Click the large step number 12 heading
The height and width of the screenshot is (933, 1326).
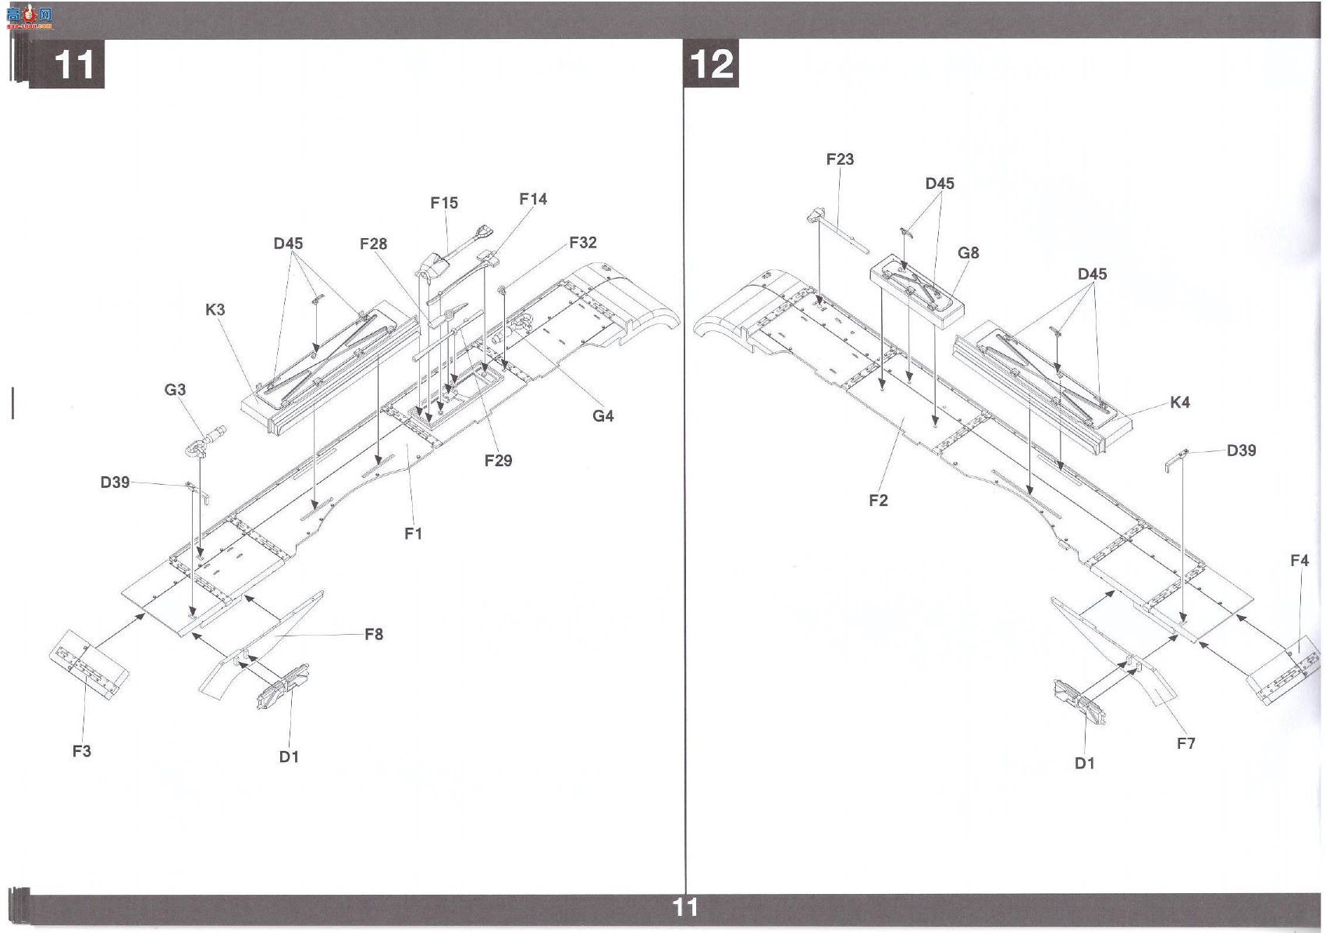coord(712,64)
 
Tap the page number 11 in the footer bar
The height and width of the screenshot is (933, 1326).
coord(685,907)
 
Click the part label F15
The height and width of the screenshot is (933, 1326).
coord(444,203)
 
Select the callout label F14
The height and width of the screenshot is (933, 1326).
coord(533,199)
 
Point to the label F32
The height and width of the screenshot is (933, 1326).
coord(583,242)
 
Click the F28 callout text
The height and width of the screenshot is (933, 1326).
coord(373,244)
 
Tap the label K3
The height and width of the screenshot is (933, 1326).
coord(215,309)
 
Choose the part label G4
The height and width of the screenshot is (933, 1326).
coord(603,415)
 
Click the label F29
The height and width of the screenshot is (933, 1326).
coord(498,460)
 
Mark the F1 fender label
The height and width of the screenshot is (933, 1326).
coord(413,533)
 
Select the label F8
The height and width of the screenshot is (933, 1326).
coord(374,634)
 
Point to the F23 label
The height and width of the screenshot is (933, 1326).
coord(840,158)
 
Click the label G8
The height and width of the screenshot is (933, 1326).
coord(968,253)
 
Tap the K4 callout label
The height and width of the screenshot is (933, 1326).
coord(1180,402)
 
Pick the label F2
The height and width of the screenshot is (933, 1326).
coord(878,500)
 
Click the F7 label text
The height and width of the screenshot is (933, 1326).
coord(1186,743)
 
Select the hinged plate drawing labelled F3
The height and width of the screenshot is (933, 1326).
coord(89,664)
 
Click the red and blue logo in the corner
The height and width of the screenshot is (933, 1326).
coord(29,18)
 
